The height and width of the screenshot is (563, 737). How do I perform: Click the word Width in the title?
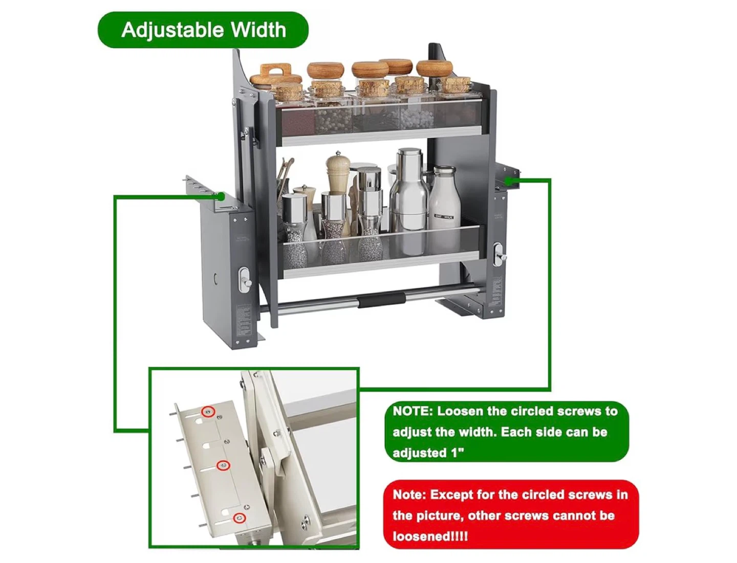258,30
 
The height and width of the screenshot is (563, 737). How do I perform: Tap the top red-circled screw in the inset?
208,412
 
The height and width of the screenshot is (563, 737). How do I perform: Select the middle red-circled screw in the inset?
223,465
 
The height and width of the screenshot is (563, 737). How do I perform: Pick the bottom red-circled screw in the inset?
240,517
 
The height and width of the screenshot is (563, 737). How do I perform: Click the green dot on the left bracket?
221,196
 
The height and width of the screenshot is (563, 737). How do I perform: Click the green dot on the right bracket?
509,182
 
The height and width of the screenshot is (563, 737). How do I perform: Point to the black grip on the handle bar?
381,300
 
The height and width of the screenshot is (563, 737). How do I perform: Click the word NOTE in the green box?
413,412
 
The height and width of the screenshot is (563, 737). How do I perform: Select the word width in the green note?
474,432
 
